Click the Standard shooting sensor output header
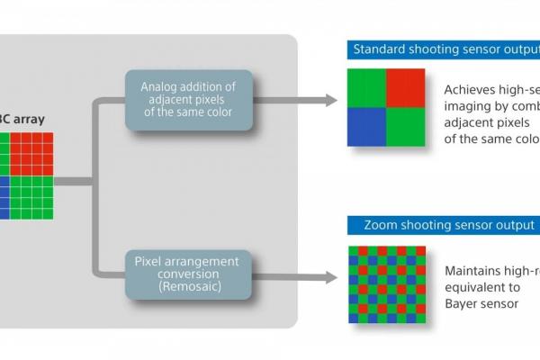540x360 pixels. click(443, 49)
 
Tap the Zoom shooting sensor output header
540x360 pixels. click(443, 224)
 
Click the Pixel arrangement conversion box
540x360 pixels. click(188, 274)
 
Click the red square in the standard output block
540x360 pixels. click(405, 87)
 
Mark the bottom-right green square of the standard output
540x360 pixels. click(405, 126)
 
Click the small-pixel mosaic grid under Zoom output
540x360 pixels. click(386, 283)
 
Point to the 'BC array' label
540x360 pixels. click(23, 120)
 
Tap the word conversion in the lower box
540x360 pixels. click(188, 274)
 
